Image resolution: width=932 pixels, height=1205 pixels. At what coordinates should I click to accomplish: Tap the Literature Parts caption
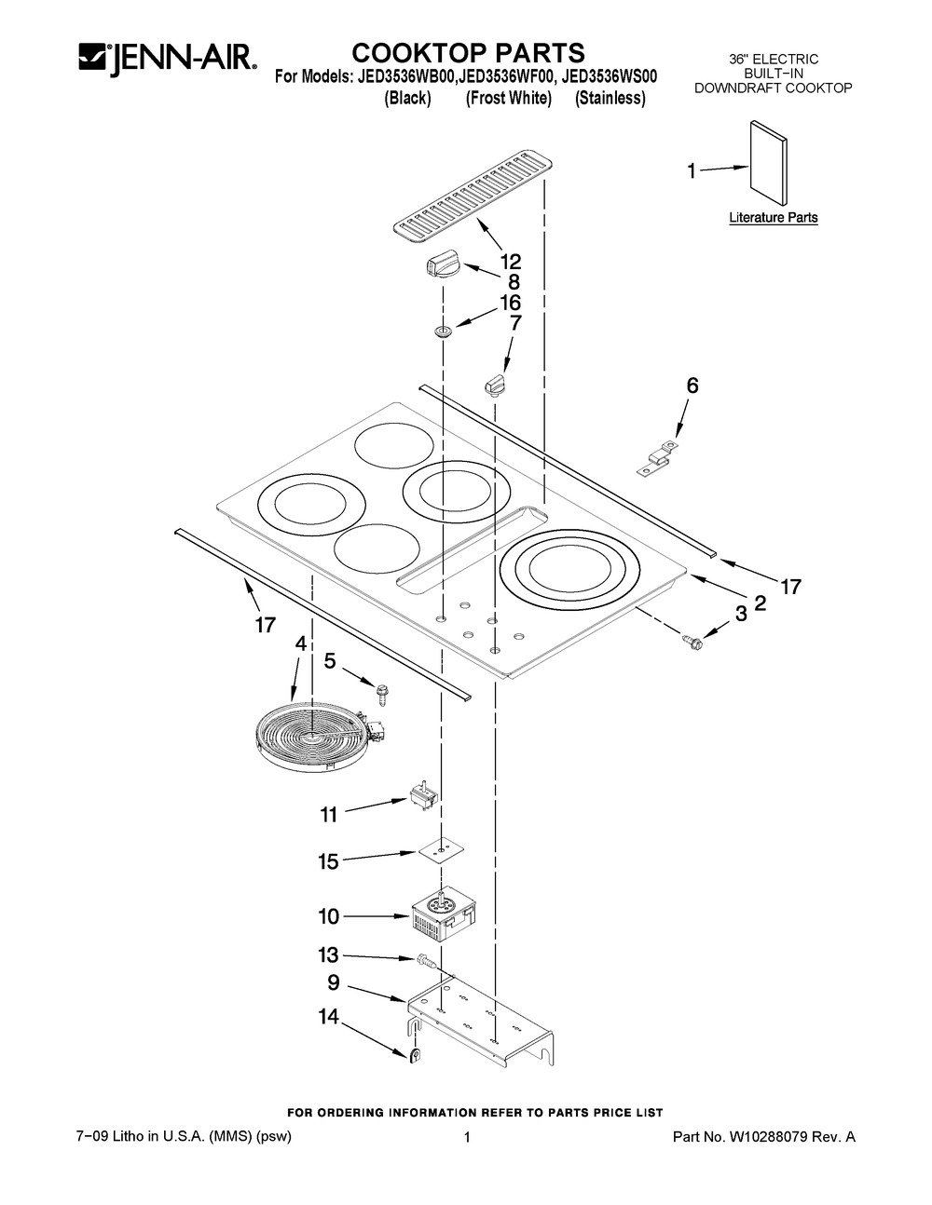773,218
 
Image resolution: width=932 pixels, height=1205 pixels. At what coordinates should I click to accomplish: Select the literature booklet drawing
768,159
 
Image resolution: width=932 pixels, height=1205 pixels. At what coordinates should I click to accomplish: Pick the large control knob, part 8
438,265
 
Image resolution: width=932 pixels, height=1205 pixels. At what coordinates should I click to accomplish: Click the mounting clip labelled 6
657,458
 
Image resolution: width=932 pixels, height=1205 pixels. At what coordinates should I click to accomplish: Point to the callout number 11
328,815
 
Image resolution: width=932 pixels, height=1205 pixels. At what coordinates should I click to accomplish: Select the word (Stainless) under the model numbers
610,99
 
